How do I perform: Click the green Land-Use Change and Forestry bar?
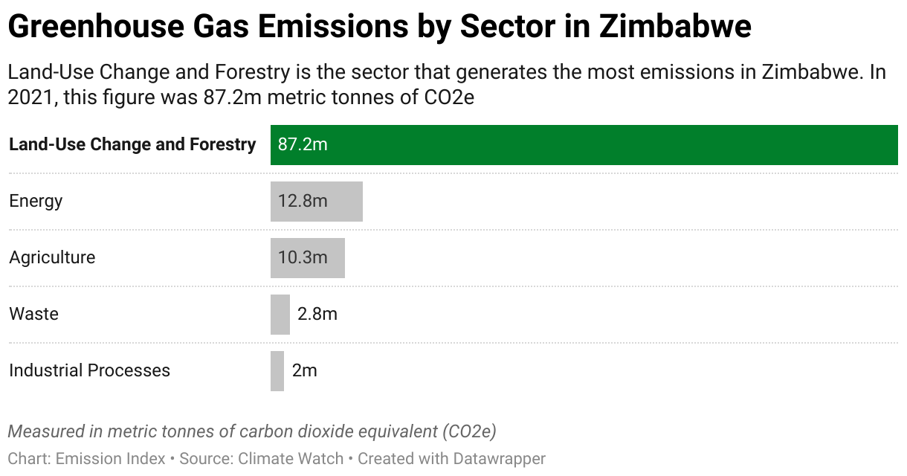coord(584,145)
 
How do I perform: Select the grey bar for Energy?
coord(316,202)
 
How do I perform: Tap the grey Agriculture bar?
coord(307,258)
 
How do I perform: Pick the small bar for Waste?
coord(280,315)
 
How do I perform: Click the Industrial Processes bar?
coord(277,371)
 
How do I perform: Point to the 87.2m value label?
coord(303,145)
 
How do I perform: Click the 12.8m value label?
coord(303,202)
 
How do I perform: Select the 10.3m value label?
coord(303,258)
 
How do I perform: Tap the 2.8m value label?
coord(317,315)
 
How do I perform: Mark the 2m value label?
coord(305,371)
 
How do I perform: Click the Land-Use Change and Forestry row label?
coord(132,145)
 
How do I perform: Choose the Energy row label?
coord(36,202)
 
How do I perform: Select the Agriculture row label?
coord(52,258)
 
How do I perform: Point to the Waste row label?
coord(33,315)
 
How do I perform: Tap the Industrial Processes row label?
coord(89,371)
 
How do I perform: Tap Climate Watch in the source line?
coord(290,459)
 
